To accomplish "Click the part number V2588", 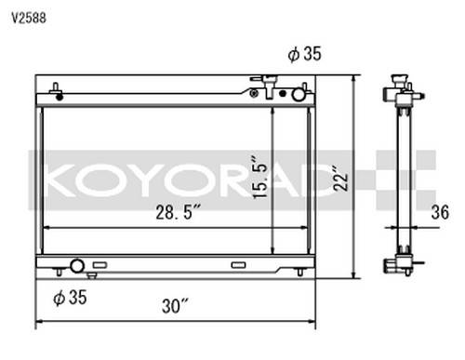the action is tap(29, 19).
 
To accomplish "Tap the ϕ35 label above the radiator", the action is tap(304, 54).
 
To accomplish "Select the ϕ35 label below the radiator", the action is tap(70, 298).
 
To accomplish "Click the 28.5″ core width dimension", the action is tap(179, 212).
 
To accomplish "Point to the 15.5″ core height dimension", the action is tap(259, 178).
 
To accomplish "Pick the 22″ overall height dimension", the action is tap(341, 179).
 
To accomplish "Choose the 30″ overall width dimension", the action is tap(175, 306).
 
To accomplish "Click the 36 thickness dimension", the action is tap(440, 212).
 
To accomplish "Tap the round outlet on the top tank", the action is tap(299, 94).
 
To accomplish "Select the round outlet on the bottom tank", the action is tap(77, 266).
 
